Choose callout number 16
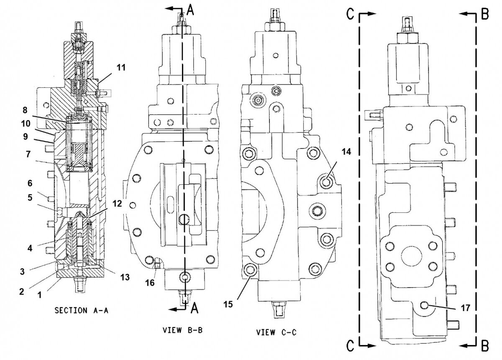tap(150, 283)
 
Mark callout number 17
tap(466, 308)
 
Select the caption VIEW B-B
tap(182, 329)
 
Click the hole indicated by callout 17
tap(426, 306)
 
